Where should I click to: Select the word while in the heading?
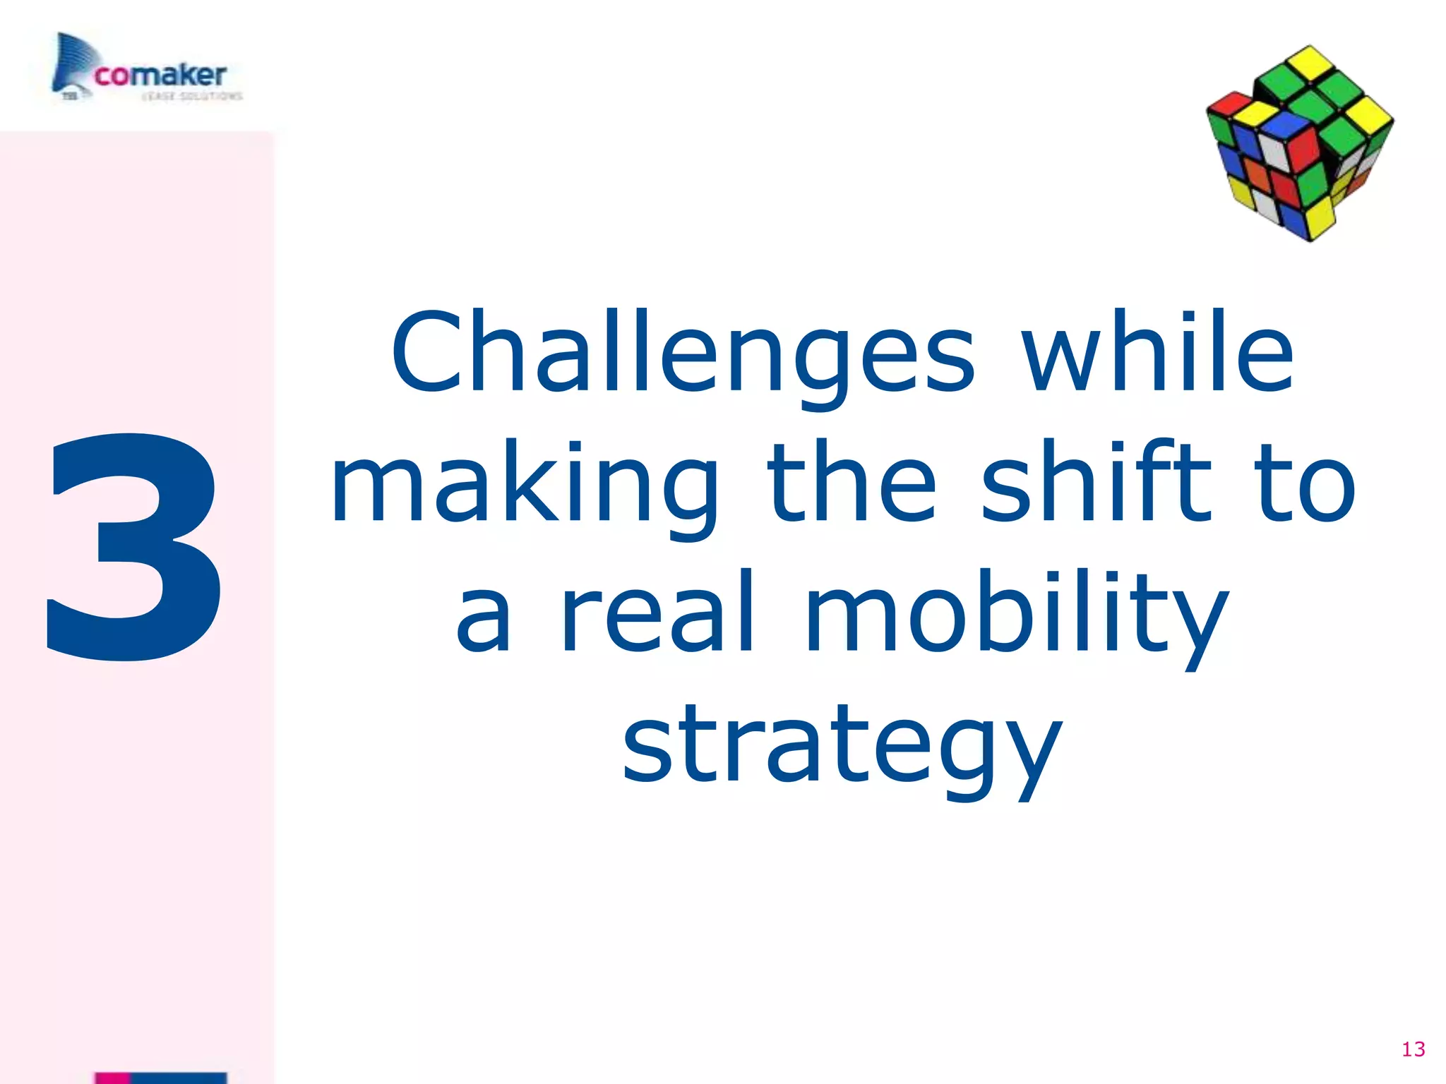[1159, 353]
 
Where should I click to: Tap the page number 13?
[1413, 1049]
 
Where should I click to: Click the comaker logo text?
[161, 75]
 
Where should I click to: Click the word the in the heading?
[852, 483]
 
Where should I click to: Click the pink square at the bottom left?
[113, 1078]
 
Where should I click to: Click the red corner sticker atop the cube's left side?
[1225, 106]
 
